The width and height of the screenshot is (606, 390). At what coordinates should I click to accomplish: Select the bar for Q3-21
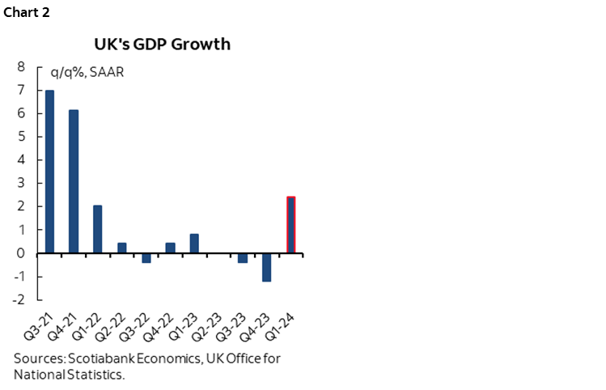pyautogui.click(x=49, y=172)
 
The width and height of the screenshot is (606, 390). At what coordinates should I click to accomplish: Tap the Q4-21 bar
pyautogui.click(x=74, y=181)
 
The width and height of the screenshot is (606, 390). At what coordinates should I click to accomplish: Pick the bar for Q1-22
pyautogui.click(x=97, y=229)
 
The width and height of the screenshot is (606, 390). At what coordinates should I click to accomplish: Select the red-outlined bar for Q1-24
pyautogui.click(x=290, y=225)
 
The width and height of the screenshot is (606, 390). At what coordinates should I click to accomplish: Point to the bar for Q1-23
pyautogui.click(x=194, y=244)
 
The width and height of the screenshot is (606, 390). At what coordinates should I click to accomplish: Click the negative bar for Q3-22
pyautogui.click(x=146, y=258)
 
